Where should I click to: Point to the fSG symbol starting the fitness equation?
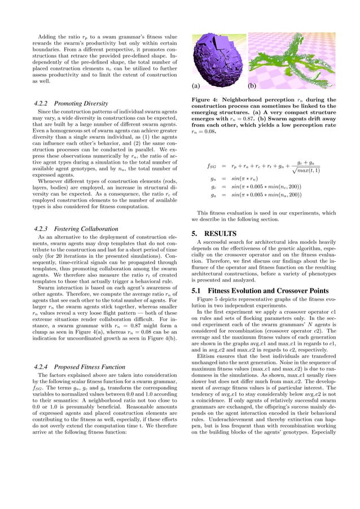[212, 167]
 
